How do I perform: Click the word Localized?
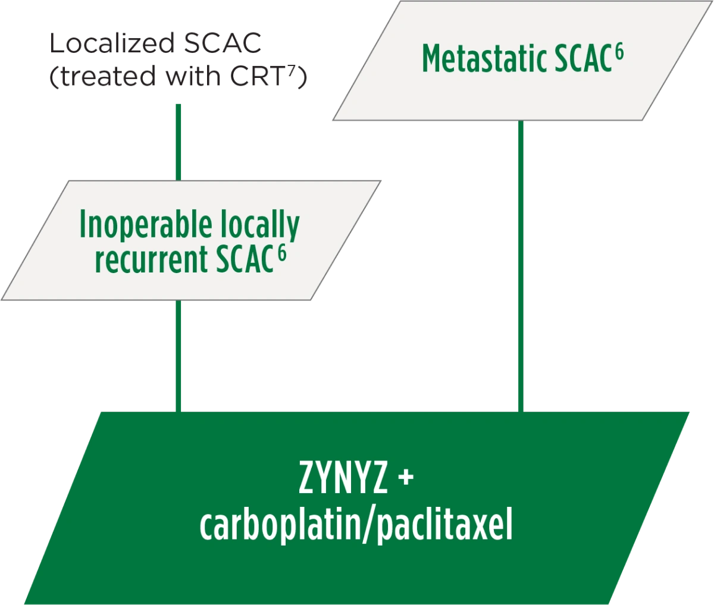112,43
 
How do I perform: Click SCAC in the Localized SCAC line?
222,43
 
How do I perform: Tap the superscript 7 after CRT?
290,71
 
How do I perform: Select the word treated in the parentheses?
108,76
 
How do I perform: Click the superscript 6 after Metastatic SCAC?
619,53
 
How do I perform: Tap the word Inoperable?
145,225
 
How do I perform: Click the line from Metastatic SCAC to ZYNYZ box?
521,266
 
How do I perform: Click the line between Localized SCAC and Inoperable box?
178,142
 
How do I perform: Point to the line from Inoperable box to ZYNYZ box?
178,356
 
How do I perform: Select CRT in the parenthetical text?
257,76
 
